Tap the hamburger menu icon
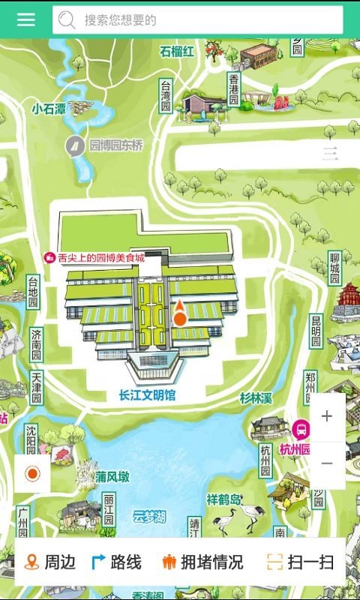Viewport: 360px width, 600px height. click(26, 19)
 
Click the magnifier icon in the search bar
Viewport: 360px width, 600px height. click(67, 20)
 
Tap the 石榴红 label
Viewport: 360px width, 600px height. click(177, 51)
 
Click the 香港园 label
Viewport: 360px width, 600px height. click(233, 88)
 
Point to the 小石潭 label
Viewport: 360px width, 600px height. click(49, 108)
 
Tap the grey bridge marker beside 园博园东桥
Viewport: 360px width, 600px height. click(75, 145)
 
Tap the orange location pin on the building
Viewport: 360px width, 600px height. click(180, 313)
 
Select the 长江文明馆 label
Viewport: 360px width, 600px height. click(147, 394)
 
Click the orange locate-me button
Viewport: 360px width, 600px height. click(32, 474)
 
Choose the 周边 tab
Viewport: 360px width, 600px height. click(50, 562)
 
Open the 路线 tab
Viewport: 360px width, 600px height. click(116, 562)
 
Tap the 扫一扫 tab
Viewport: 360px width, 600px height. click(300, 562)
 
